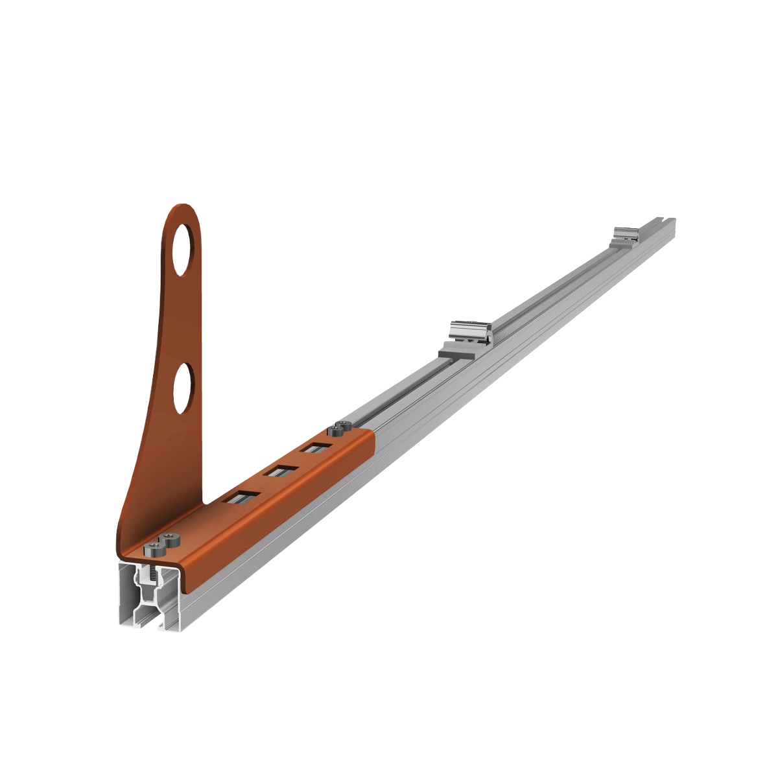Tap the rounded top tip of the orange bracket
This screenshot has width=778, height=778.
183,209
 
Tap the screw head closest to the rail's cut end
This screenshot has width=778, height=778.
155,550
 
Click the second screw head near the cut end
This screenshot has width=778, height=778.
171,538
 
